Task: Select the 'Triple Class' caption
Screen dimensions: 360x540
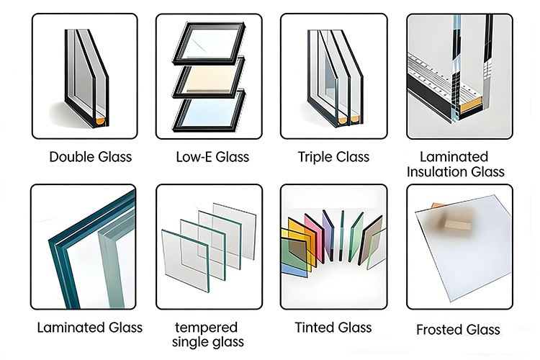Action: tap(333, 156)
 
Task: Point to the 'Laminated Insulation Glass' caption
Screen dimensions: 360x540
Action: tap(455, 164)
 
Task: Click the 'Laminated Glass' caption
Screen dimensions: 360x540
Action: tap(90, 328)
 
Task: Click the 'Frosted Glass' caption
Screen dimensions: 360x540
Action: tap(458, 330)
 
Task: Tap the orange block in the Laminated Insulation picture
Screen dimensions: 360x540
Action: tap(466, 107)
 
